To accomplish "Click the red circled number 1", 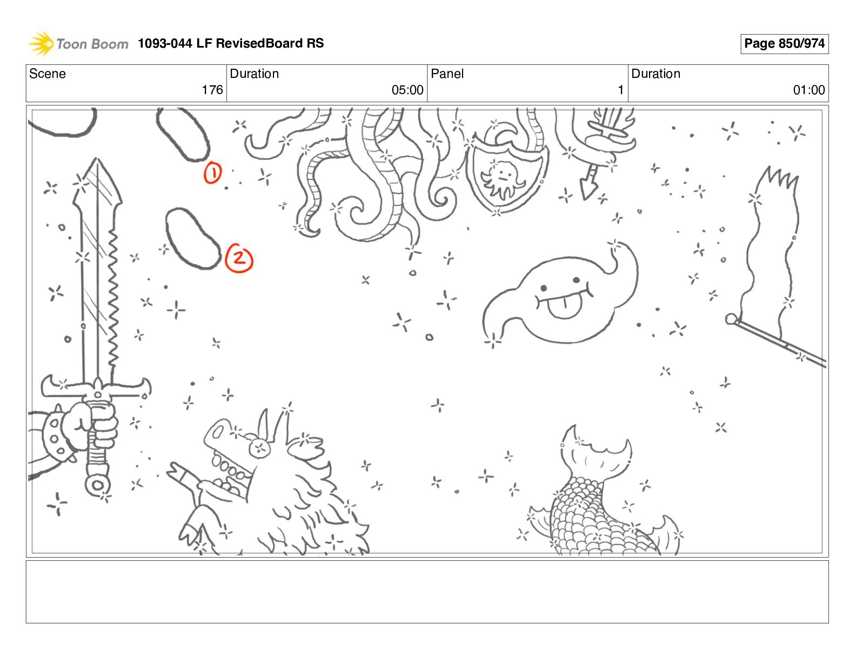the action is (213, 173).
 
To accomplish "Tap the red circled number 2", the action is (239, 258).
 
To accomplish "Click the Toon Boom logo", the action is (78, 43).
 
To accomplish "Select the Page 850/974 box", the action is (784, 44).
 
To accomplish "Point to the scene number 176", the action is (212, 90).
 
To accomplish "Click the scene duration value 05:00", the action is (407, 90).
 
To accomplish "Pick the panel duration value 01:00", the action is (809, 90).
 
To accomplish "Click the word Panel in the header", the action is (447, 74).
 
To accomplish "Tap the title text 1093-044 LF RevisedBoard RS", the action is (231, 43).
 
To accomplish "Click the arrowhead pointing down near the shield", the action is (588, 189).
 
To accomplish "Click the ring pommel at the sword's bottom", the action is (98, 485).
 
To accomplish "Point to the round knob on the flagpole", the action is (731, 319).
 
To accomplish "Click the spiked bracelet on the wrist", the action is (55, 436).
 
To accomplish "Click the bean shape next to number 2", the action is (192, 239).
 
